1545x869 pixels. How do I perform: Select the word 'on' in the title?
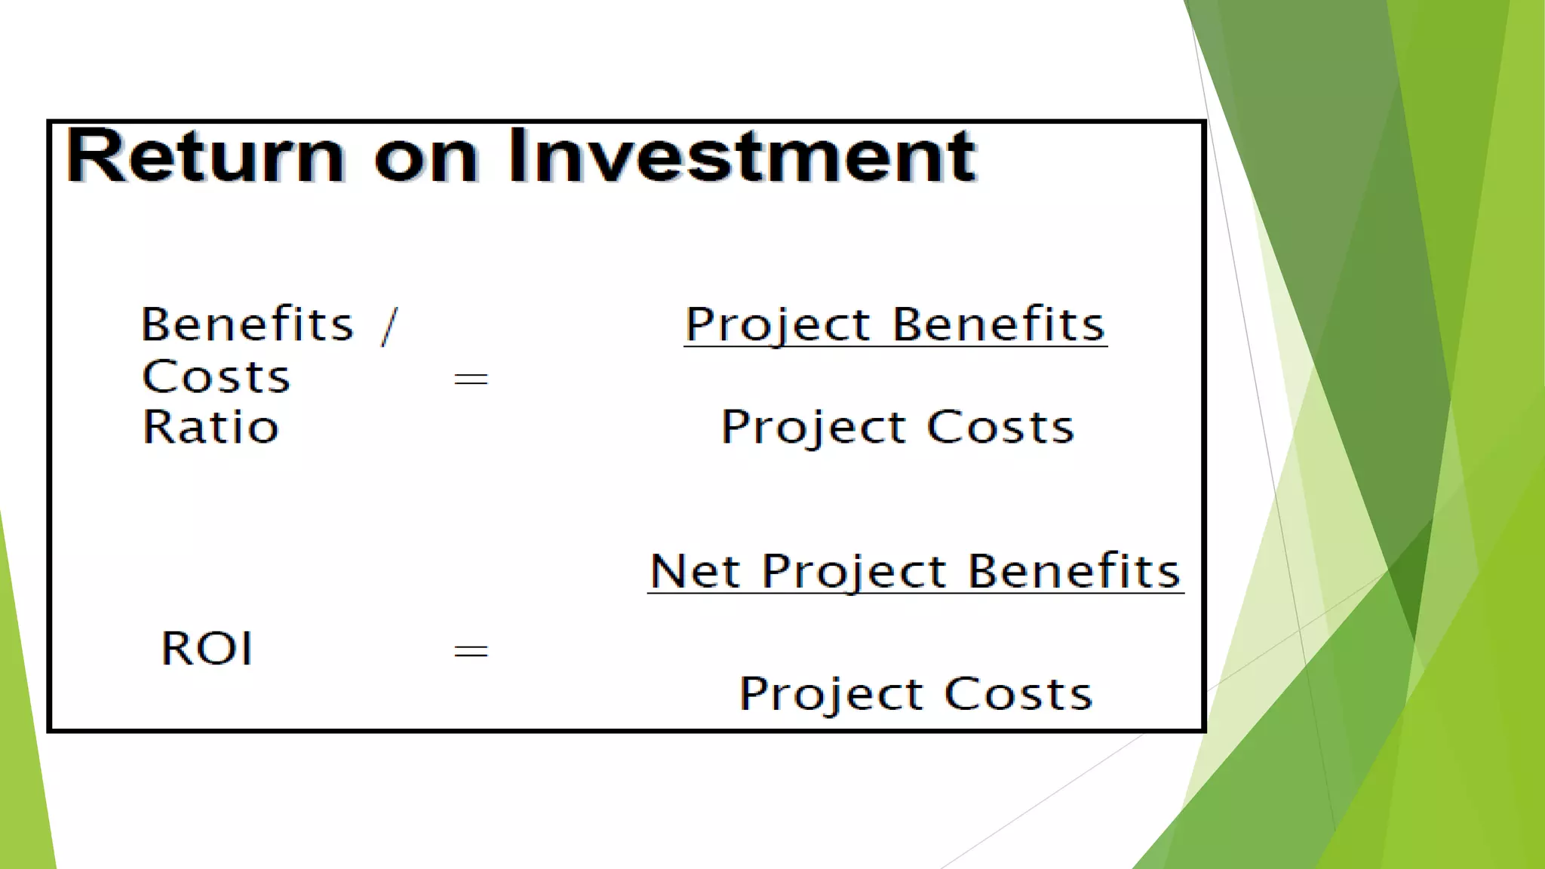tap(426, 158)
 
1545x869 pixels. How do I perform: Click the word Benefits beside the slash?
tap(247, 324)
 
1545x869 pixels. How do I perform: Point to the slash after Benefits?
tap(389, 326)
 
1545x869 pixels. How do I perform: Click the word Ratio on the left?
tap(210, 427)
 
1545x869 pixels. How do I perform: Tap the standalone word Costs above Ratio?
tap(216, 376)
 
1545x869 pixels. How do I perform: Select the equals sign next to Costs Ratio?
tap(471, 378)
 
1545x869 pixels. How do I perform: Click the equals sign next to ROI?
tap(471, 650)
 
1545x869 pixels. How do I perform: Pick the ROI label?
tap(207, 648)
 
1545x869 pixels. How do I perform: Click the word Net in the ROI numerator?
tap(693, 571)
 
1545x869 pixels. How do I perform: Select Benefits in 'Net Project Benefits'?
tap(1074, 571)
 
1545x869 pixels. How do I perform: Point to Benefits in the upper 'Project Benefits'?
tap(998, 324)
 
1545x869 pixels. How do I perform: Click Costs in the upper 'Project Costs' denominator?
tap(1000, 427)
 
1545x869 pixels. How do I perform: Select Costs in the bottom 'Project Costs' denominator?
tap(1018, 693)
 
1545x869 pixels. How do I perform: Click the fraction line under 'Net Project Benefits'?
tap(915, 594)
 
